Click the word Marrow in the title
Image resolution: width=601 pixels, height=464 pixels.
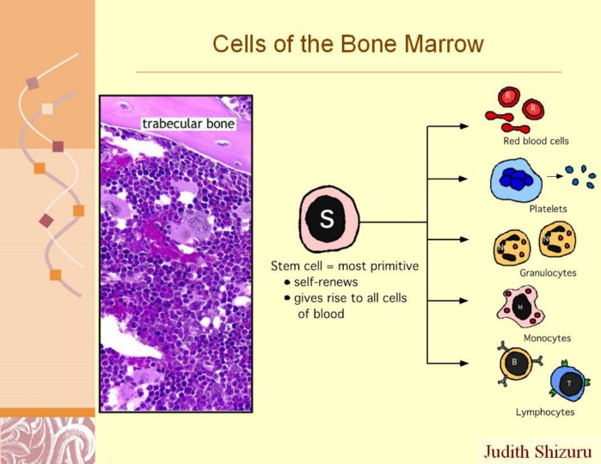click(x=444, y=44)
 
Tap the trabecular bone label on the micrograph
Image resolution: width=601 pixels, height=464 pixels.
click(x=188, y=124)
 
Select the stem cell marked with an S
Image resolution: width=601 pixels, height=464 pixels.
click(x=328, y=220)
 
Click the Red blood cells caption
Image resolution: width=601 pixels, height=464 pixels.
click(x=536, y=141)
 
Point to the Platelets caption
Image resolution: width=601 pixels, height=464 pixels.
click(x=548, y=209)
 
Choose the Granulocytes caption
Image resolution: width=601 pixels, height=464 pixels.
click(x=548, y=272)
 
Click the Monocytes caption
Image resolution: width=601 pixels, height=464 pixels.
click(x=547, y=338)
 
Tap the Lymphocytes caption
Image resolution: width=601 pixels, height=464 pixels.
click(x=544, y=412)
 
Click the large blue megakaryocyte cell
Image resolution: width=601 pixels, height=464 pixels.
click(x=516, y=180)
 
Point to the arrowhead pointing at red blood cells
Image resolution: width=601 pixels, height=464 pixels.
click(x=463, y=126)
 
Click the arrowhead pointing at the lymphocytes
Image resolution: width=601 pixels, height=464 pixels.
click(x=463, y=363)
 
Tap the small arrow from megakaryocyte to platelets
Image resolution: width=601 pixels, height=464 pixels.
click(x=555, y=176)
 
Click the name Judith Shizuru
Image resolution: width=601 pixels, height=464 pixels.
click(x=537, y=451)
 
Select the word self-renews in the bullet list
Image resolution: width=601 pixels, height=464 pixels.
click(x=326, y=283)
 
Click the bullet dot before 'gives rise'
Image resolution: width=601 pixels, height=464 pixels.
click(x=287, y=298)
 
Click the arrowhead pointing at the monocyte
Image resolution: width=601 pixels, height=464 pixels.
click(x=463, y=301)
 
